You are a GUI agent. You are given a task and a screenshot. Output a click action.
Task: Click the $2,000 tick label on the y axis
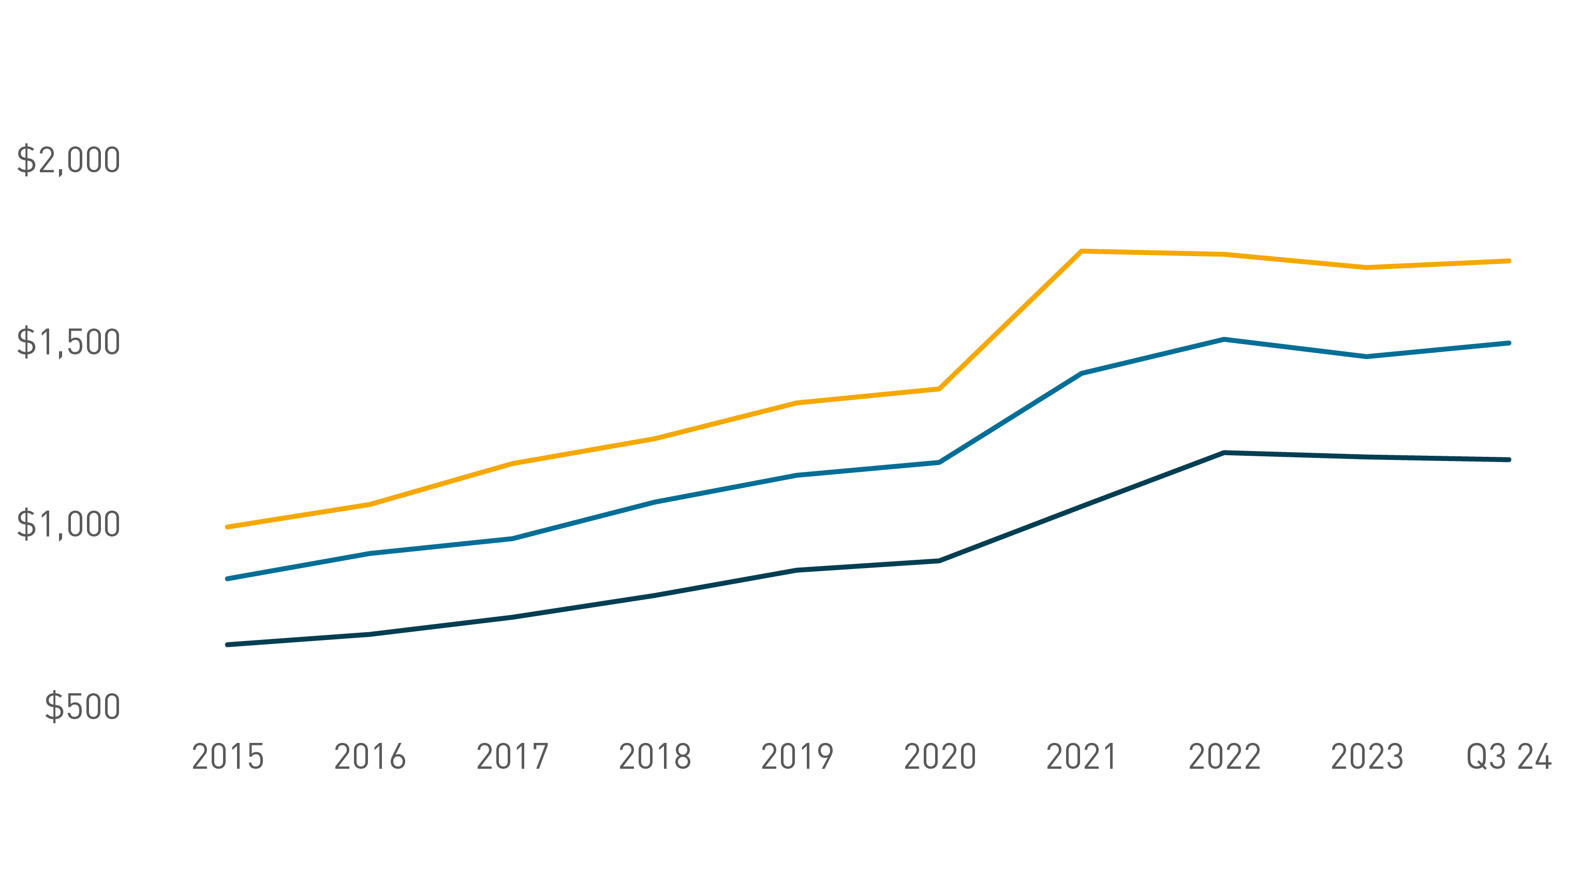tap(68, 160)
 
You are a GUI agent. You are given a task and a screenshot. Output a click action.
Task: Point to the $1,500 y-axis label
tap(68, 342)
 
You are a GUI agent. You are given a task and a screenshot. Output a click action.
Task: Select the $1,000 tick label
tap(68, 524)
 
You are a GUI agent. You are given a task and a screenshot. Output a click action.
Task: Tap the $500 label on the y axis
tap(82, 706)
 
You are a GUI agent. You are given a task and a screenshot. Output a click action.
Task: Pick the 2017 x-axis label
tap(512, 757)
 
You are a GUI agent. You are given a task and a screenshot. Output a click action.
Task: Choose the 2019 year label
tap(797, 757)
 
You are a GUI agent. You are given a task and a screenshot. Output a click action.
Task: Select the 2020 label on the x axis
tap(940, 757)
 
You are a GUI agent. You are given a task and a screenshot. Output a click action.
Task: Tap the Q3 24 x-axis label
tap(1509, 757)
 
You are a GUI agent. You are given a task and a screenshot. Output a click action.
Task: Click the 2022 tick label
tap(1224, 757)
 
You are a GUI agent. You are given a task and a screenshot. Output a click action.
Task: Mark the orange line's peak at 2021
tap(1082, 251)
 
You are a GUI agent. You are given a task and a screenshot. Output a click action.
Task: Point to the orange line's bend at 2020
tap(940, 389)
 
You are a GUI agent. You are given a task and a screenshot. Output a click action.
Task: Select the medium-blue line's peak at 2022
tap(1224, 339)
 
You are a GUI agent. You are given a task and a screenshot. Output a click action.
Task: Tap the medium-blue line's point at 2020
tap(940, 462)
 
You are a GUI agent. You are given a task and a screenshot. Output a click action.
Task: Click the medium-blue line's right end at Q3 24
tap(1509, 343)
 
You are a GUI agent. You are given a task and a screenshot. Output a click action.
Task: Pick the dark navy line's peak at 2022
tap(1224, 453)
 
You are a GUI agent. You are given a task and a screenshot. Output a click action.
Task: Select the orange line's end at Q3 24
tap(1509, 261)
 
